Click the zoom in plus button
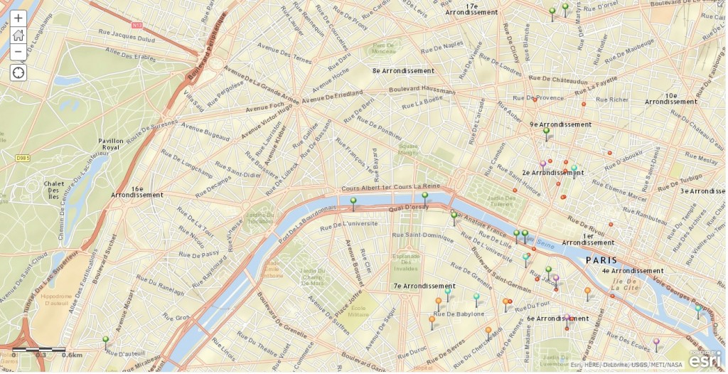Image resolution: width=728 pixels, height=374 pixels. click(18, 18)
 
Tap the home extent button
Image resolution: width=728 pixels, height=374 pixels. click(18, 35)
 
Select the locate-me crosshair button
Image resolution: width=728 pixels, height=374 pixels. click(18, 73)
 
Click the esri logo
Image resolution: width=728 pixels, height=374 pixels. click(704, 360)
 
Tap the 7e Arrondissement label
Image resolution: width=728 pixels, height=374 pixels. click(424, 286)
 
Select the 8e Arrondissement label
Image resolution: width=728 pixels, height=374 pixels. click(403, 71)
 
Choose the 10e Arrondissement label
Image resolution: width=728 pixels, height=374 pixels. click(671, 98)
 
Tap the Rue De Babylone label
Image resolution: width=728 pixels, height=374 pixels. click(459, 314)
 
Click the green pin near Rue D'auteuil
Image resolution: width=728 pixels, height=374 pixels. click(105, 341)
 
